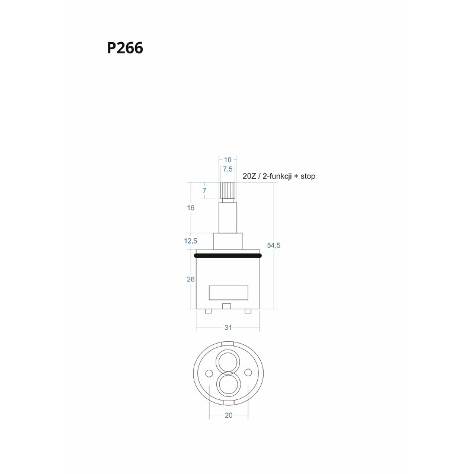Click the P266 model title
pos(125,49)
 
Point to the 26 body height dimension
pos(191,280)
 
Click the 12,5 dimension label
pos(191,241)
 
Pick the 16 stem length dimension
pos(191,208)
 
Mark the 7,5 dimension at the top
pos(228,169)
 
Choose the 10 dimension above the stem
pos(228,159)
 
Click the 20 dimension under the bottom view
pos(228,415)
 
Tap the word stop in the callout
pos(306,177)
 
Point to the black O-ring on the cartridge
pos(228,255)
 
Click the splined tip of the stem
pos(228,190)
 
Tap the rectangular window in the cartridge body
pos(228,292)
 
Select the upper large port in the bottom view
pos(228,361)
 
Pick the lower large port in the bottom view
pos(228,385)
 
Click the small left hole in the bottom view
pos(208,372)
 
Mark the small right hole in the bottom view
pos(248,372)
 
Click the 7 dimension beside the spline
pos(204,190)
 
